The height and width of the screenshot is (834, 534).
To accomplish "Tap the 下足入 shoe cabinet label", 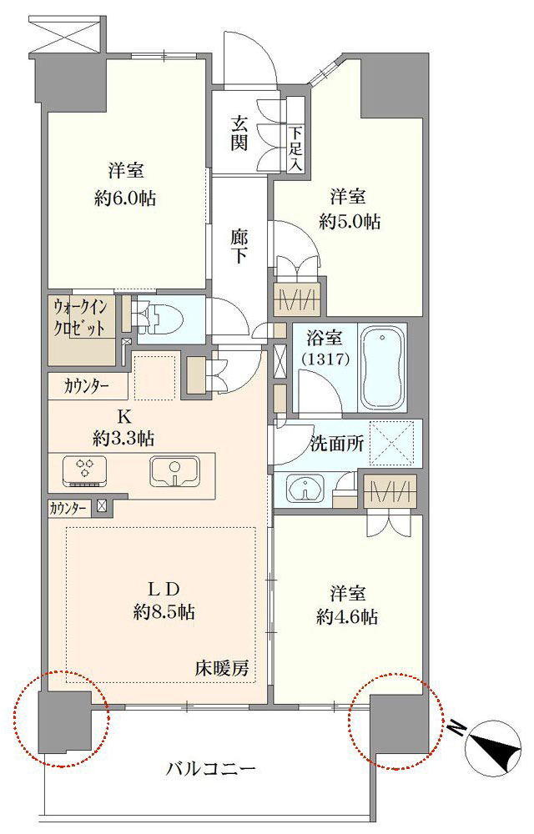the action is pos(295,149).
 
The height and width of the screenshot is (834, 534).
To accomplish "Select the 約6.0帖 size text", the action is pos(125,199).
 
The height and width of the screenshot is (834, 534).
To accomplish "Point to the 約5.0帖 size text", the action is pos(350,222).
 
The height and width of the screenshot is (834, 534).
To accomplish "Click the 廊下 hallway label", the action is pos(239,246).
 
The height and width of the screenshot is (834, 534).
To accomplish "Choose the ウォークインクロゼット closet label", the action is pos(79,318).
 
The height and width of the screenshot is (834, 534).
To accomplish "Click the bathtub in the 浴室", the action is pos(382,368).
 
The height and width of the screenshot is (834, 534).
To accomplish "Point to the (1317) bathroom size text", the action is pos(325,360).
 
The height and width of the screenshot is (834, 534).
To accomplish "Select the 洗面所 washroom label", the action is pos(337,445).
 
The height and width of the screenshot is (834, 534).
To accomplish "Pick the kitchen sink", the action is pos(174,472).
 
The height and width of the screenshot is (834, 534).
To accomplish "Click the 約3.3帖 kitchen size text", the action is pos(123,439).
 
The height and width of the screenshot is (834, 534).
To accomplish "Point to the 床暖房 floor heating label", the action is pos(222,669).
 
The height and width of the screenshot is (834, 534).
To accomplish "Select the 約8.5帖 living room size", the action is pos(164,613).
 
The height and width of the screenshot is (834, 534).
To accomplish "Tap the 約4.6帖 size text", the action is pos(347,617).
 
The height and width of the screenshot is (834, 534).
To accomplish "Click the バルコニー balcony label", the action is pos(212,769).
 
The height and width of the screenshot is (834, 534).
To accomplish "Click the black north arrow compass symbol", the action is pos(496,748).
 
